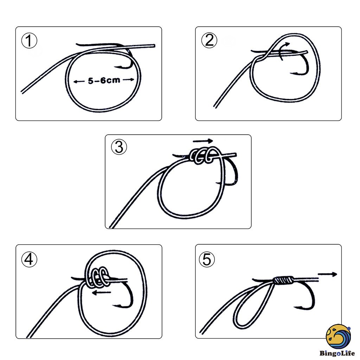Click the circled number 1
29,41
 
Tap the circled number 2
209,41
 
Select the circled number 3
119,147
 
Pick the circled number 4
29,259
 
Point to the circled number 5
207,260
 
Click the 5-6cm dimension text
104,81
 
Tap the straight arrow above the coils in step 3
203,141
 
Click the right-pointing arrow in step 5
327,274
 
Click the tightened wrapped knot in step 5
282,280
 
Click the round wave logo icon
338,336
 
